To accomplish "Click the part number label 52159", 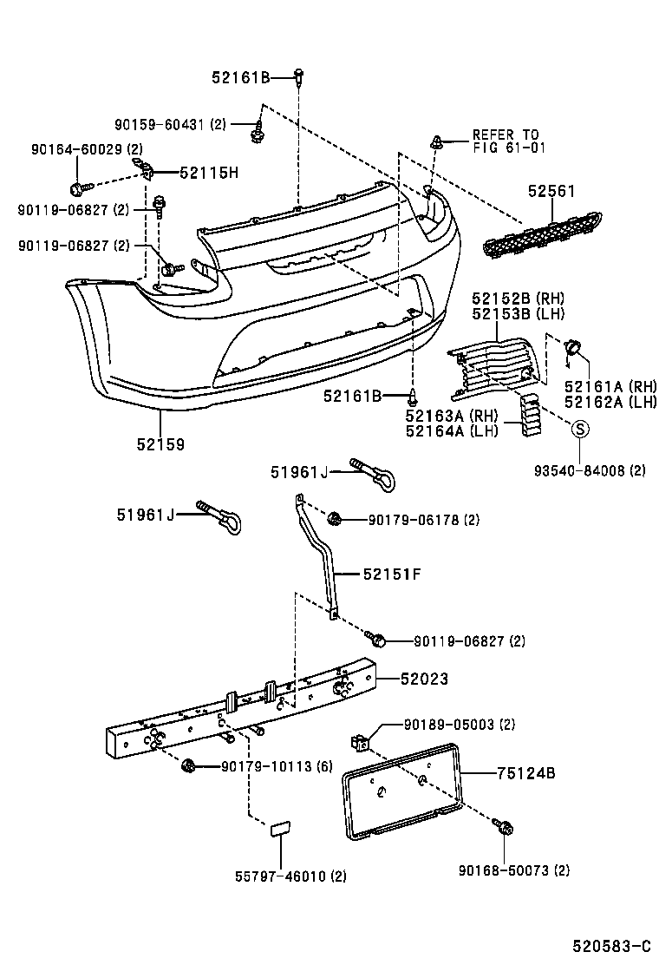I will click(160, 443).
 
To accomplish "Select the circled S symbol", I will click(579, 428).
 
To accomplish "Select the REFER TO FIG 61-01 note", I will click(505, 141).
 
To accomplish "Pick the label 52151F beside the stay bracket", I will click(391, 574).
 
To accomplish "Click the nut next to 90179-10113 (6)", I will click(188, 765).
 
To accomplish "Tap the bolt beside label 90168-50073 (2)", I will click(505, 828).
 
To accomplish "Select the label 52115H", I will click(208, 173).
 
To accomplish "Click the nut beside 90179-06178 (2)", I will click(336, 520).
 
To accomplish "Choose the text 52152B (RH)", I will click(511, 298).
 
